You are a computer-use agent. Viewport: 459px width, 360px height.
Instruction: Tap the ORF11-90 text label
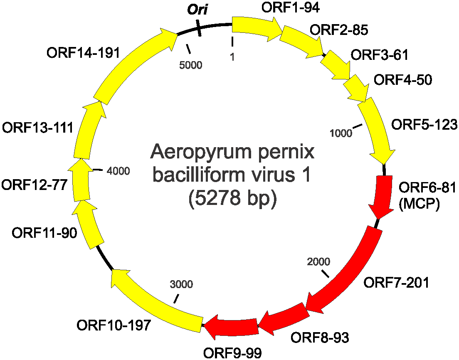click(44, 233)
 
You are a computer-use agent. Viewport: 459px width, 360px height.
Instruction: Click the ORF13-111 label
click(38, 127)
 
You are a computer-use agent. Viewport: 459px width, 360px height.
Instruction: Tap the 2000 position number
click(318, 261)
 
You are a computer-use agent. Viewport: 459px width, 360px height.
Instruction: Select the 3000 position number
click(182, 284)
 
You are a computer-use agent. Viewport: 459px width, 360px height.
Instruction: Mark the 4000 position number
click(118, 171)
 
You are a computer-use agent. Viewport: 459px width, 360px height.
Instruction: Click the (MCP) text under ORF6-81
click(419, 204)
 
